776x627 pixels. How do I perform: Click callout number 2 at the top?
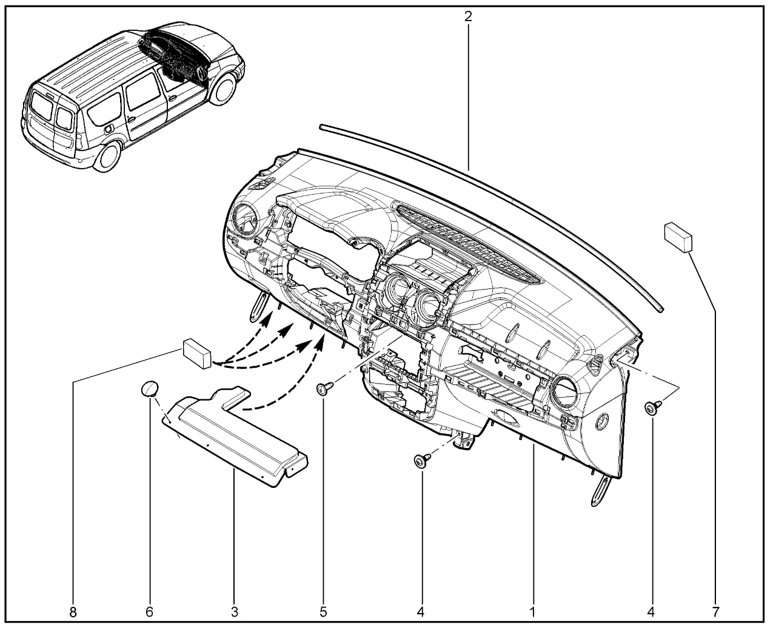[468, 16]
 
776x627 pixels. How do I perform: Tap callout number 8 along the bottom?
[73, 612]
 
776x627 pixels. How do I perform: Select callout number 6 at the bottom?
[149, 612]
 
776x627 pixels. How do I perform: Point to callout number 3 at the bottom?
[235, 612]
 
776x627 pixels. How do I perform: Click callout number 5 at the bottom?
[324, 612]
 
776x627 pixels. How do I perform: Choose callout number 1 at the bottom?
[532, 612]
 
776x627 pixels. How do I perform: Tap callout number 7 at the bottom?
[716, 612]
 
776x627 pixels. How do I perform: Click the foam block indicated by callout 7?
[678, 237]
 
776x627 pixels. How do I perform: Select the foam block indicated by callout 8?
[197, 354]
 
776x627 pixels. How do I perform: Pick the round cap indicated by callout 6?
[150, 389]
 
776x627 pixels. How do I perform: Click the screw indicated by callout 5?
[325, 388]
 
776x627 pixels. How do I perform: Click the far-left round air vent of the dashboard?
[244, 219]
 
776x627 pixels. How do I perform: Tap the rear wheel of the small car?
[107, 157]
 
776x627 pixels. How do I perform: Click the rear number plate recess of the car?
[52, 132]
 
